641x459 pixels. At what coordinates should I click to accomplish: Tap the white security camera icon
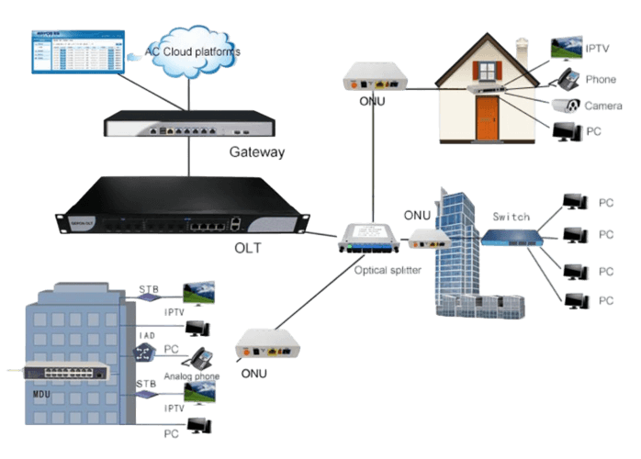click(566, 105)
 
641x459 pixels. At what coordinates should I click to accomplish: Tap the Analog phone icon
click(200, 356)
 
